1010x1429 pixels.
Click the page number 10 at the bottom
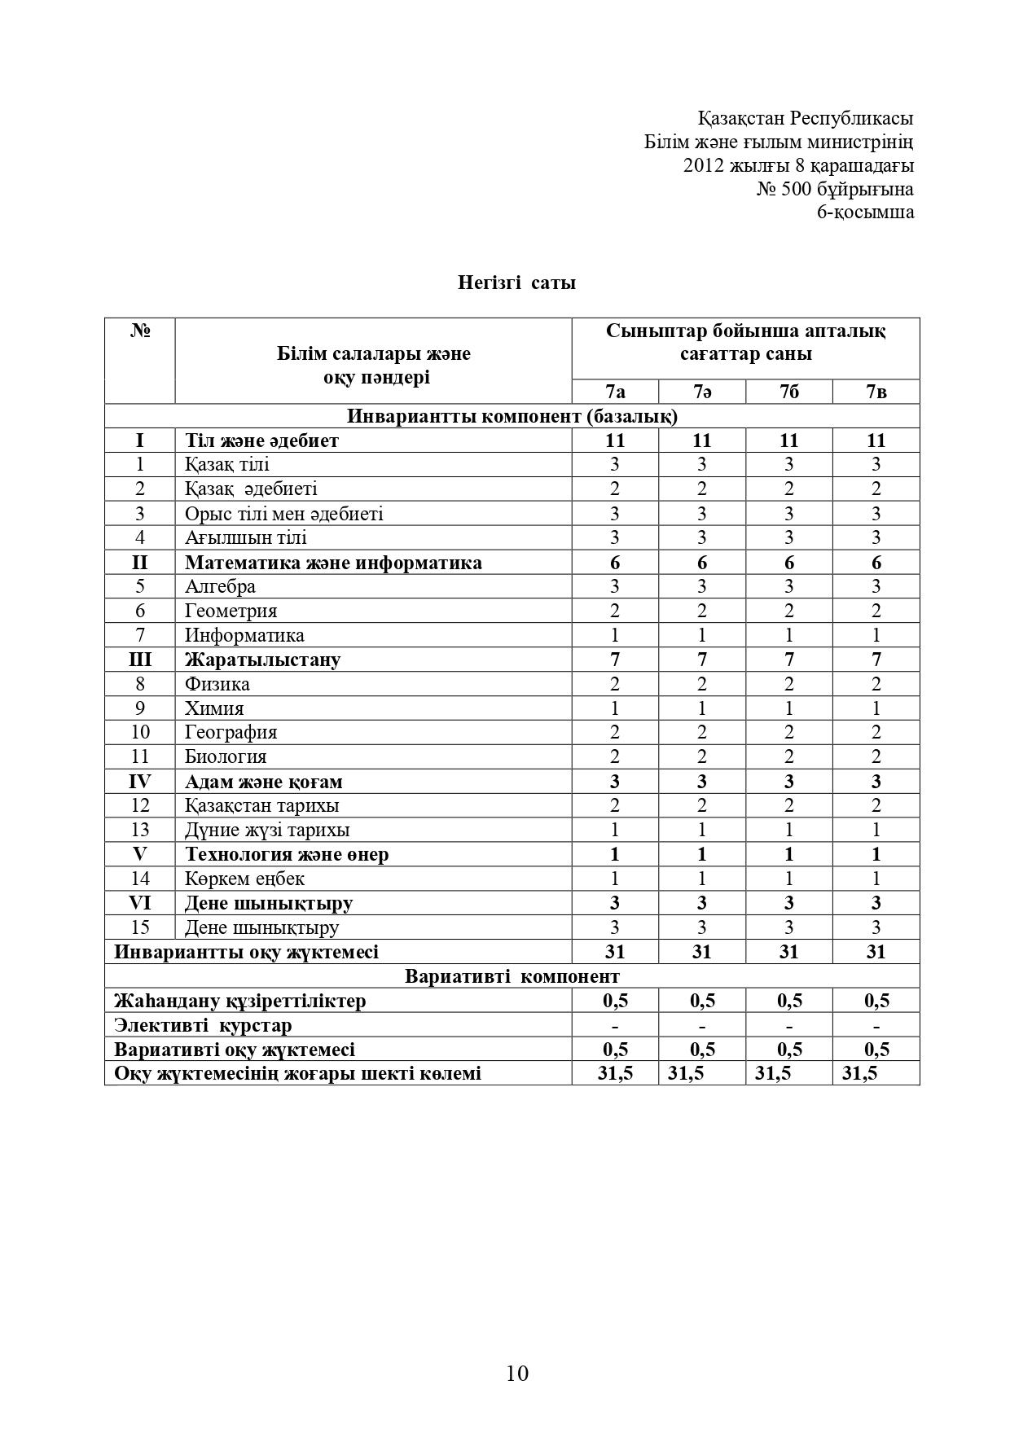[x=517, y=1374]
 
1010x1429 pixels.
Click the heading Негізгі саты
[x=516, y=283]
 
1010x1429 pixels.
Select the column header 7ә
[x=702, y=392]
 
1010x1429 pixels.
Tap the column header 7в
[x=876, y=392]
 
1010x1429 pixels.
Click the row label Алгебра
[x=220, y=586]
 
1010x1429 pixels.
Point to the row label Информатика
[x=244, y=635]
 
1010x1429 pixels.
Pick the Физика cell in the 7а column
[x=615, y=684]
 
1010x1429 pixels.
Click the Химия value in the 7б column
[x=788, y=708]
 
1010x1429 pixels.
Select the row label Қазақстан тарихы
[x=261, y=805]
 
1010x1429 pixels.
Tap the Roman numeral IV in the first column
[x=139, y=782]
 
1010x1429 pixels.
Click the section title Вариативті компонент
[x=512, y=976]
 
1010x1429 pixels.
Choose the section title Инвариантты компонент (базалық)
[x=512, y=416]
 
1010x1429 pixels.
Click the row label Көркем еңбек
[x=244, y=879]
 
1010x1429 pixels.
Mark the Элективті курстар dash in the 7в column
[x=876, y=1025]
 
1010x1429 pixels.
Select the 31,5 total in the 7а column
[x=615, y=1073]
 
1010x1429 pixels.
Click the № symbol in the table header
[x=140, y=331]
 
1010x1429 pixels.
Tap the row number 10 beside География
[x=139, y=733]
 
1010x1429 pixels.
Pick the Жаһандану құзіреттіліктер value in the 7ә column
[x=702, y=1001]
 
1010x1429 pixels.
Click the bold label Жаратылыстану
[x=262, y=660]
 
